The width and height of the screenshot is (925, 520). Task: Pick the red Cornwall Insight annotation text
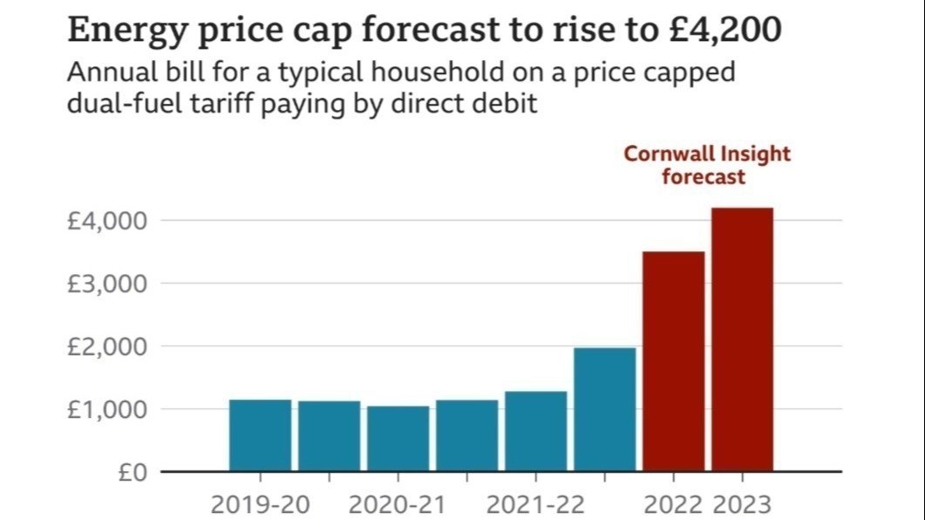click(x=706, y=165)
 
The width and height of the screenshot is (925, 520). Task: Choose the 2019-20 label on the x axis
click(x=261, y=504)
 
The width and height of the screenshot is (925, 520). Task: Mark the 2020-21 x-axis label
click(x=398, y=504)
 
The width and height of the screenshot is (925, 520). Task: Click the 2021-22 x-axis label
click(x=535, y=504)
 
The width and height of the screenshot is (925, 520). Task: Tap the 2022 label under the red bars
click(x=673, y=504)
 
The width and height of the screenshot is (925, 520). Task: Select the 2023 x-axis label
click(x=742, y=504)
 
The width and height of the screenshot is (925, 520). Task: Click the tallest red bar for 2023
click(x=742, y=339)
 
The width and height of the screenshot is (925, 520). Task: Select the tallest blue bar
click(x=604, y=409)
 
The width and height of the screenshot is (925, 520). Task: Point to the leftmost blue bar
click(x=260, y=435)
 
